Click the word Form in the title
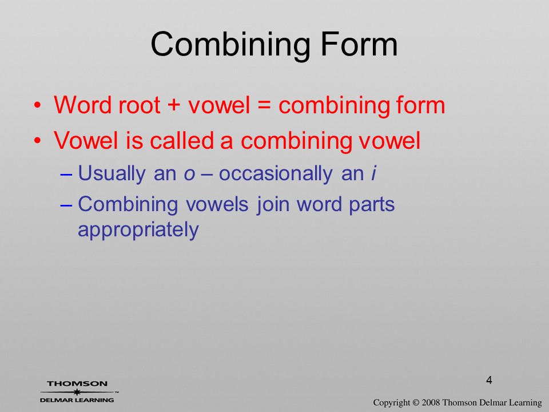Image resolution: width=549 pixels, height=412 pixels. tap(359, 44)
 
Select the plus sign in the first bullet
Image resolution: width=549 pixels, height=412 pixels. tap(174, 105)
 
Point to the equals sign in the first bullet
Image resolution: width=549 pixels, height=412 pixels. tap(264, 105)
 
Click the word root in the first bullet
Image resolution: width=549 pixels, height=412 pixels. tap(140, 105)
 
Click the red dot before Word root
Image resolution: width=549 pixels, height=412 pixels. tap(38, 105)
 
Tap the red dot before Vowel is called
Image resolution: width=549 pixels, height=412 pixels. tap(38, 141)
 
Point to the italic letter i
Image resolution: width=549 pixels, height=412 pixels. tap(373, 173)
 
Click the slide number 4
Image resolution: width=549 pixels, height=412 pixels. tap(489, 380)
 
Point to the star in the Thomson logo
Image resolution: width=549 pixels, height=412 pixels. tap(77, 392)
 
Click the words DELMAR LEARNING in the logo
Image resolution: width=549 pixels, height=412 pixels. tap(77, 400)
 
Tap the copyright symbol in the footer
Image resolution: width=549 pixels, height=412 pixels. tap(416, 403)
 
